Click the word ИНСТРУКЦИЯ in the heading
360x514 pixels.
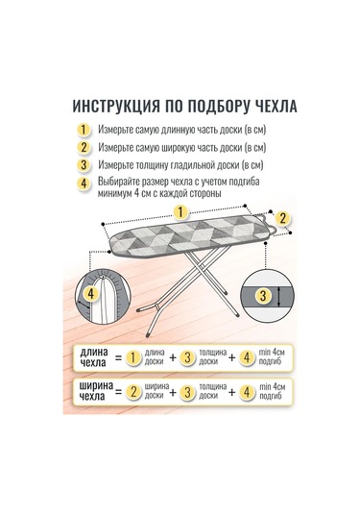116,107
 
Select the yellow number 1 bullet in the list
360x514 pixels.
84,130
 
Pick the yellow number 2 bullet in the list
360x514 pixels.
84,147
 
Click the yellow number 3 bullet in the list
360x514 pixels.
84,165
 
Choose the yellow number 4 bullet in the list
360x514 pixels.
84,184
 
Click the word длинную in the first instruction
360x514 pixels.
178,130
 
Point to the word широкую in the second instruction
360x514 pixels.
180,148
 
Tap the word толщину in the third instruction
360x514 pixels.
152,165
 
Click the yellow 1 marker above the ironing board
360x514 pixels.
181,212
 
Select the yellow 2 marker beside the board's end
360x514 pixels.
282,218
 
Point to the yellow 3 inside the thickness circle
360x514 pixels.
263,296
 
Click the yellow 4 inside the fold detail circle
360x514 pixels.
90,293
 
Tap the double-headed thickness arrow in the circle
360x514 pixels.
278,296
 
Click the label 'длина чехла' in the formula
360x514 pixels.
94,357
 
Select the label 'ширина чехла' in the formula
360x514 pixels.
96,391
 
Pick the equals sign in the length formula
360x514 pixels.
119,357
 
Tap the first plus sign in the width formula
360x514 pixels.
173,392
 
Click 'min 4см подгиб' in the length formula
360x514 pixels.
272,357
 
